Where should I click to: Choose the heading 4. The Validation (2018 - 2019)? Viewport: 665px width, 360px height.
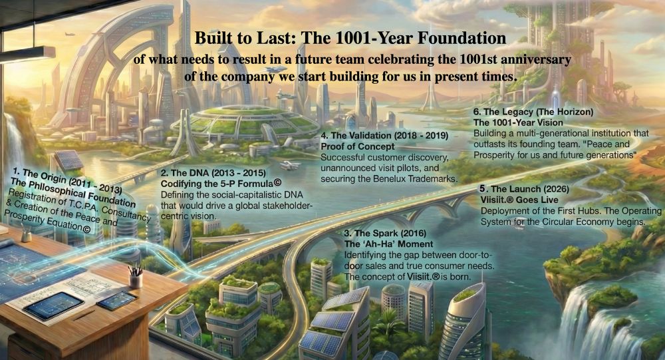pos(385,135)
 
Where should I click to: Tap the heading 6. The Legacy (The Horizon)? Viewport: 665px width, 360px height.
pos(533,110)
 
